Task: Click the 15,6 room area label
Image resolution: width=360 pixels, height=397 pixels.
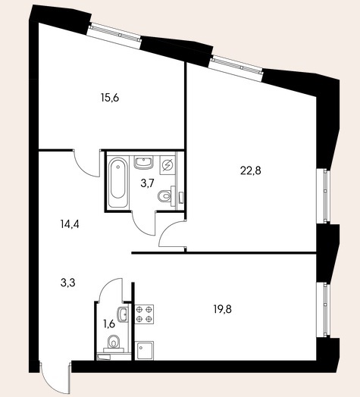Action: (110, 98)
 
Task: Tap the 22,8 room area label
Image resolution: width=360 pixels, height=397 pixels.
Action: (250, 171)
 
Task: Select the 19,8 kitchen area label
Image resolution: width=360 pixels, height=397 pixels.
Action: (222, 309)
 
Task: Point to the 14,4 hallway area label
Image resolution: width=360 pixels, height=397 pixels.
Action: (70, 224)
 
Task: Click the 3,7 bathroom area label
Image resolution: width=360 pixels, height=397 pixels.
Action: (147, 183)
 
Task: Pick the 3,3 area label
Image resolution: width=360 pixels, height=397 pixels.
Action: (68, 283)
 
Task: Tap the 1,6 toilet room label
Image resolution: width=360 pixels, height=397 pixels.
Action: (109, 324)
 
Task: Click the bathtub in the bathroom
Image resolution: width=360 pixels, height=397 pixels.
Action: (118, 183)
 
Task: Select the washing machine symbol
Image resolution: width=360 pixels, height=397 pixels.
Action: (167, 165)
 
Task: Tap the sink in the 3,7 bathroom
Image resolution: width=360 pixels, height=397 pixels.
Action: (144, 163)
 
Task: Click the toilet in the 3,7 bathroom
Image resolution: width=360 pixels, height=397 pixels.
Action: (167, 196)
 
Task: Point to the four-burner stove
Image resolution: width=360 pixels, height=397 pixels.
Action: (145, 314)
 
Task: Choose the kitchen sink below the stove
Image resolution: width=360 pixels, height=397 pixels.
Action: (145, 351)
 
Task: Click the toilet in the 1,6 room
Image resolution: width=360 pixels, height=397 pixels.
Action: (114, 344)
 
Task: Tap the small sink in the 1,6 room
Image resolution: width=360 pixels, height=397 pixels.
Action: (123, 314)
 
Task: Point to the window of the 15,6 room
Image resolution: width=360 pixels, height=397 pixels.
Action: (114, 36)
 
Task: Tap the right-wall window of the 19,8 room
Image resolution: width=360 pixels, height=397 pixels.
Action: (324, 310)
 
